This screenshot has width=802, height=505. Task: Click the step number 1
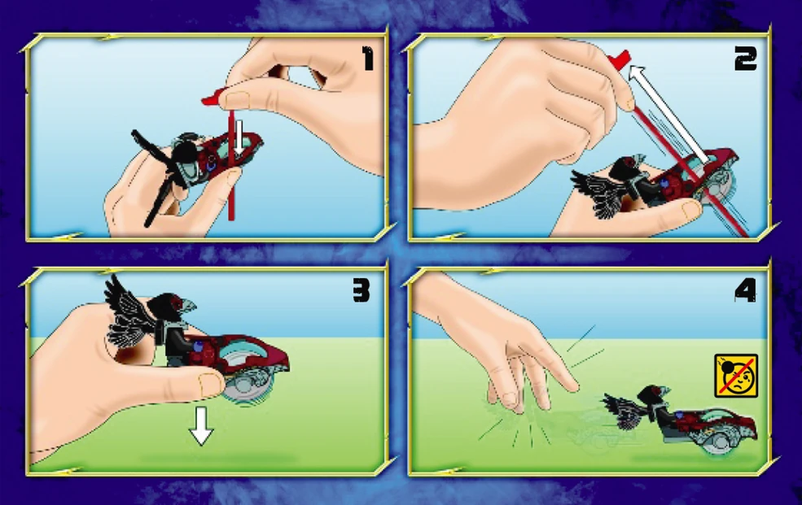point(368,59)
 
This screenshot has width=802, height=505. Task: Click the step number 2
point(745,59)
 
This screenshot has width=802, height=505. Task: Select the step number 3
point(361,291)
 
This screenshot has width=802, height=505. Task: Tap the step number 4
point(745,292)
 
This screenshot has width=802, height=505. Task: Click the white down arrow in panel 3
point(201,426)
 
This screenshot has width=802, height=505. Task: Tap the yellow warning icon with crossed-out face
point(736,376)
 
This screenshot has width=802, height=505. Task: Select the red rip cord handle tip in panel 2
point(620,59)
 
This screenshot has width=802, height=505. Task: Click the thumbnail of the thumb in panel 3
point(210,385)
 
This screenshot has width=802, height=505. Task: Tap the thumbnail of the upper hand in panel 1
point(237,99)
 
